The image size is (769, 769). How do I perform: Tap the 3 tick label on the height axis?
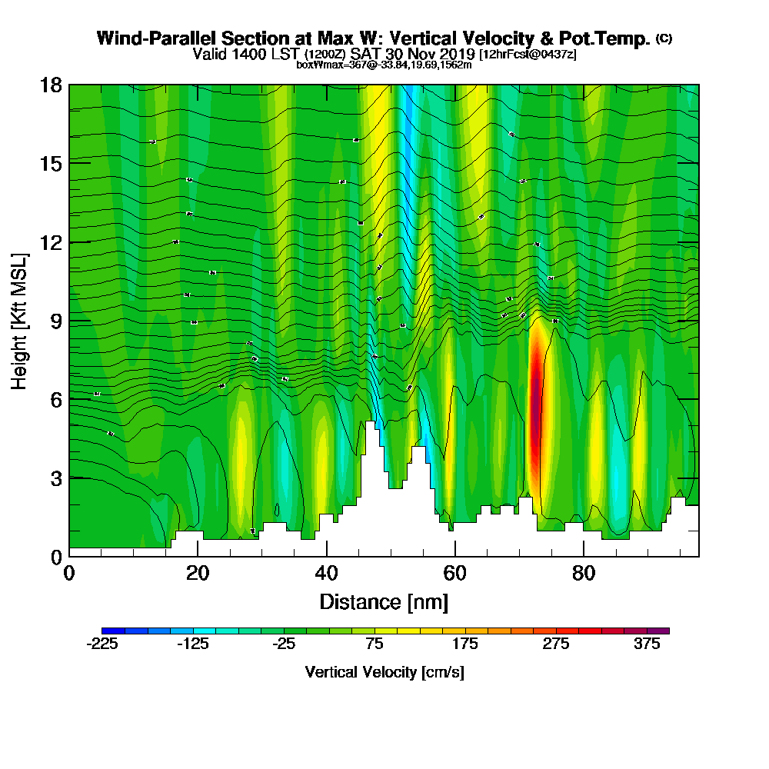(55, 478)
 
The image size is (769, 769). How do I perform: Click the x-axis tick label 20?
(198, 574)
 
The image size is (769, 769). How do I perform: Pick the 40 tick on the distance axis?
(327, 574)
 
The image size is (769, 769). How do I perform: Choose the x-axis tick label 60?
(455, 574)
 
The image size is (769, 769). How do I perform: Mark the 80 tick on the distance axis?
(584, 574)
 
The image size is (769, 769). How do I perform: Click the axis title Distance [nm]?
(384, 601)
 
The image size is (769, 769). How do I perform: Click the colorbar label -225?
(102, 644)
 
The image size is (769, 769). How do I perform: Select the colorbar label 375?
(647, 644)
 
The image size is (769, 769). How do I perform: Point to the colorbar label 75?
(375, 644)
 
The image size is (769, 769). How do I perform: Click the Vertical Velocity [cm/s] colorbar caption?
(384, 672)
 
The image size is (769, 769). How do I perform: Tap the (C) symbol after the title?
(664, 38)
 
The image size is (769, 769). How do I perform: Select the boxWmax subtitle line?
(384, 65)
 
